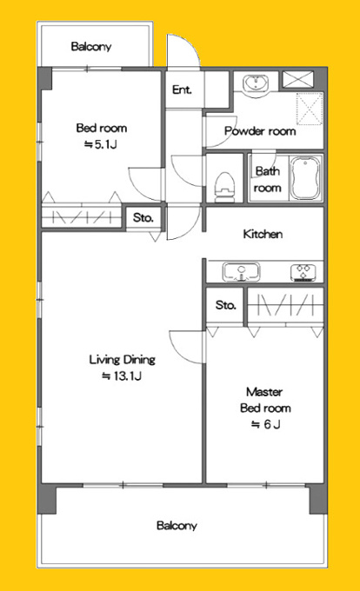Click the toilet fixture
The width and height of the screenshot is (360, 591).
(x=224, y=188)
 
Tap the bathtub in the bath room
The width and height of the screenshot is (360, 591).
(x=306, y=178)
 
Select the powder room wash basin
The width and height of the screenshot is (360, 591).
(x=255, y=83)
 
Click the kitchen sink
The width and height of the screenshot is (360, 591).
(x=241, y=272)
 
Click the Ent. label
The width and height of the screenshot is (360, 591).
(x=182, y=90)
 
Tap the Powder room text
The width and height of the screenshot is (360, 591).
(x=260, y=131)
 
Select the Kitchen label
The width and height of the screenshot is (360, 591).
(x=263, y=234)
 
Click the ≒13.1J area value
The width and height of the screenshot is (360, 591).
(x=122, y=375)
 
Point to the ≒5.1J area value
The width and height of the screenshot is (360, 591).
(x=100, y=144)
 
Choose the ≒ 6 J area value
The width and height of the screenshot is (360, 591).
(x=266, y=424)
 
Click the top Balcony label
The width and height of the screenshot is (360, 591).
(x=91, y=46)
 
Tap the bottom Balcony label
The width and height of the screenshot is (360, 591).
(x=177, y=526)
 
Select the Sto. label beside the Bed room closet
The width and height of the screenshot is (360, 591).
(x=143, y=217)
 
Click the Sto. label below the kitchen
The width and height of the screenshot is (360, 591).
(x=225, y=304)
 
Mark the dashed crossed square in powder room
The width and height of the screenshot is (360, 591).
(x=310, y=108)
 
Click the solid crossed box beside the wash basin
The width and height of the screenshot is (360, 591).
(x=298, y=80)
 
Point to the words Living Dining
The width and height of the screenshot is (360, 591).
(x=122, y=360)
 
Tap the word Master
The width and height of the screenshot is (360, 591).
(x=264, y=392)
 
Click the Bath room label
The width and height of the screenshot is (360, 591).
(x=268, y=179)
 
